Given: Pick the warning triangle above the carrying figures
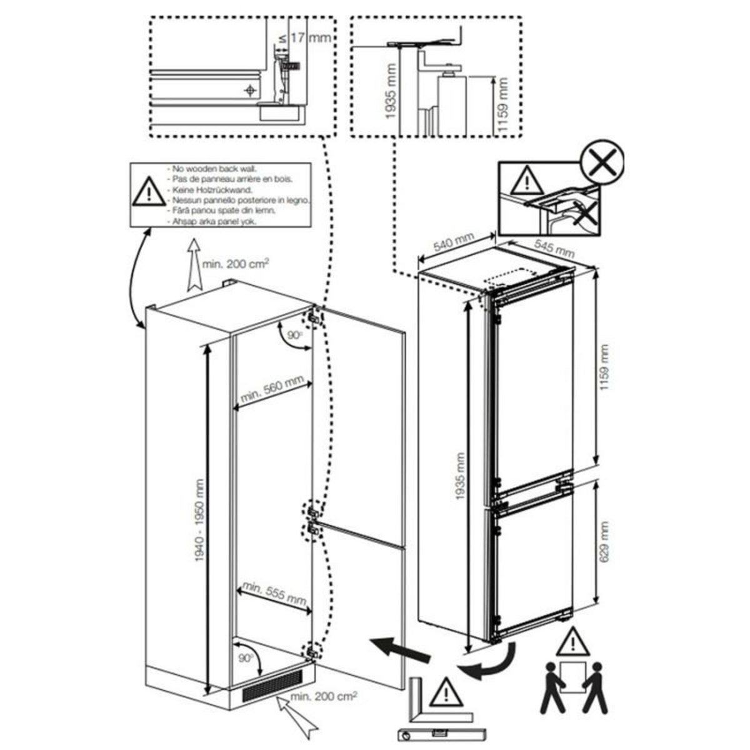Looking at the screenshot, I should pos(571,642).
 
